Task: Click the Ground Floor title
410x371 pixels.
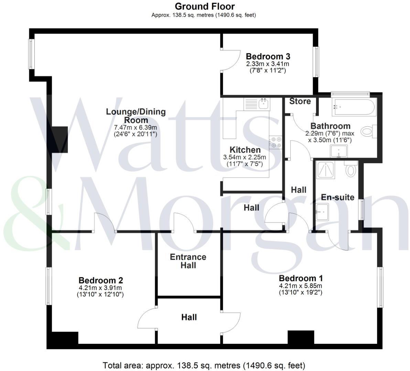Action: point(205,6)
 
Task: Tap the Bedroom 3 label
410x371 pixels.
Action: point(268,56)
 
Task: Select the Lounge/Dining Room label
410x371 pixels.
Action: point(136,116)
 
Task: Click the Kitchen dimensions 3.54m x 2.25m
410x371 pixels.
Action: point(245,157)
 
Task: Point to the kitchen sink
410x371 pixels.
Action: point(264,103)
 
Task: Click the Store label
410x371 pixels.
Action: point(300,101)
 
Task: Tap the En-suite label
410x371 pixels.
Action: point(337,197)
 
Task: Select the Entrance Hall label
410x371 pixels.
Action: point(188,261)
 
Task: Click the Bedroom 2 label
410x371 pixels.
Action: point(101,280)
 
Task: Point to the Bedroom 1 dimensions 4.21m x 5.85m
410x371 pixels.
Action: point(300,286)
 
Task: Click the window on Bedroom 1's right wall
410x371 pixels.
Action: point(380,287)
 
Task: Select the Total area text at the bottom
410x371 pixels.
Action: point(204,365)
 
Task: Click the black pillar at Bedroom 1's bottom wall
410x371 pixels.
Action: point(301,337)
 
